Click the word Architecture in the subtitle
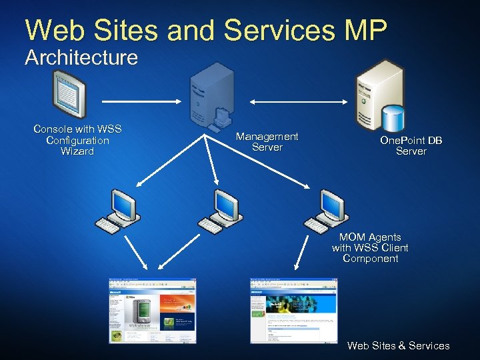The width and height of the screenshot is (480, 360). (x=81, y=57)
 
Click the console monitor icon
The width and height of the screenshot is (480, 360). (x=69, y=95)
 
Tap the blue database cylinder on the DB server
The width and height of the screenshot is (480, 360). (x=394, y=117)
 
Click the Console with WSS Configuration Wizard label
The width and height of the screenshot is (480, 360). (x=77, y=140)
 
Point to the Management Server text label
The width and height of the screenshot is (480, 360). (x=267, y=141)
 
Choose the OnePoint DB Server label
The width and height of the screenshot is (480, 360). (x=411, y=145)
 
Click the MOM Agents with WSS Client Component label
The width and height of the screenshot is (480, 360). (x=370, y=247)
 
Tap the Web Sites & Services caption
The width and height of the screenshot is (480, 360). (x=399, y=345)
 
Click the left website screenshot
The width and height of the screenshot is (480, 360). (x=153, y=310)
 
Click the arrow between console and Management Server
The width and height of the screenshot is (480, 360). (x=141, y=101)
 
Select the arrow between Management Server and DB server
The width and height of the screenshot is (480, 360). (x=298, y=101)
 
